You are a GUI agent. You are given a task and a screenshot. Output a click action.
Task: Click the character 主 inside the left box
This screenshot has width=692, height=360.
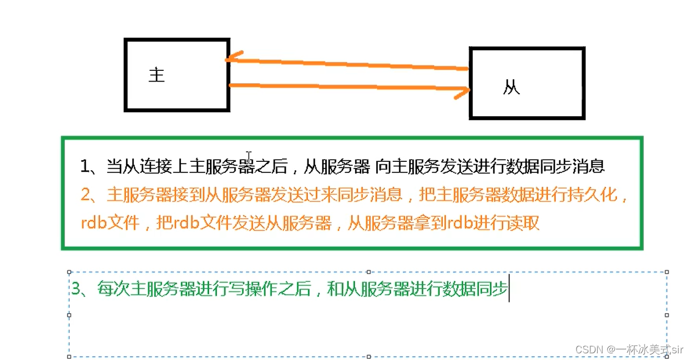(157, 75)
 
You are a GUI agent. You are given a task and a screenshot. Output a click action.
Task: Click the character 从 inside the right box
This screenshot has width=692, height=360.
(511, 88)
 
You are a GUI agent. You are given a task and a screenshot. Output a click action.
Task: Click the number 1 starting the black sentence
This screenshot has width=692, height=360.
(85, 166)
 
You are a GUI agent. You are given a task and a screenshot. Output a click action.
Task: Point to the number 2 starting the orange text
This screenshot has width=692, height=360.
(85, 195)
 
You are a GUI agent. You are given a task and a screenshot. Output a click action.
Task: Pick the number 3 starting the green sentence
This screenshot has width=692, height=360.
(76, 289)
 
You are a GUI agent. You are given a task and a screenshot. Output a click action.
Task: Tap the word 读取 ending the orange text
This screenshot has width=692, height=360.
(525, 223)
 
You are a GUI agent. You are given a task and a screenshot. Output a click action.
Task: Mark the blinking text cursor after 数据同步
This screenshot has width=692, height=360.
(509, 290)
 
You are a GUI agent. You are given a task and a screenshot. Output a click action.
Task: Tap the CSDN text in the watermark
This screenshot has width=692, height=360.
(587, 349)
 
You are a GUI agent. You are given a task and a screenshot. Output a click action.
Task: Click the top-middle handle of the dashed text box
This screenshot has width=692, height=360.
(368, 272)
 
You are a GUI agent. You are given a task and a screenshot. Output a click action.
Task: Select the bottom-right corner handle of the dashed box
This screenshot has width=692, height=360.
(667, 356)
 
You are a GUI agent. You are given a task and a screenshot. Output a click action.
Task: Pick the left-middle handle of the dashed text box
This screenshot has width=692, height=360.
(69, 315)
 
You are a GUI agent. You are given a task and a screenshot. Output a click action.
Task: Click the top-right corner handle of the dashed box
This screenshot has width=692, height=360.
(667, 272)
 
